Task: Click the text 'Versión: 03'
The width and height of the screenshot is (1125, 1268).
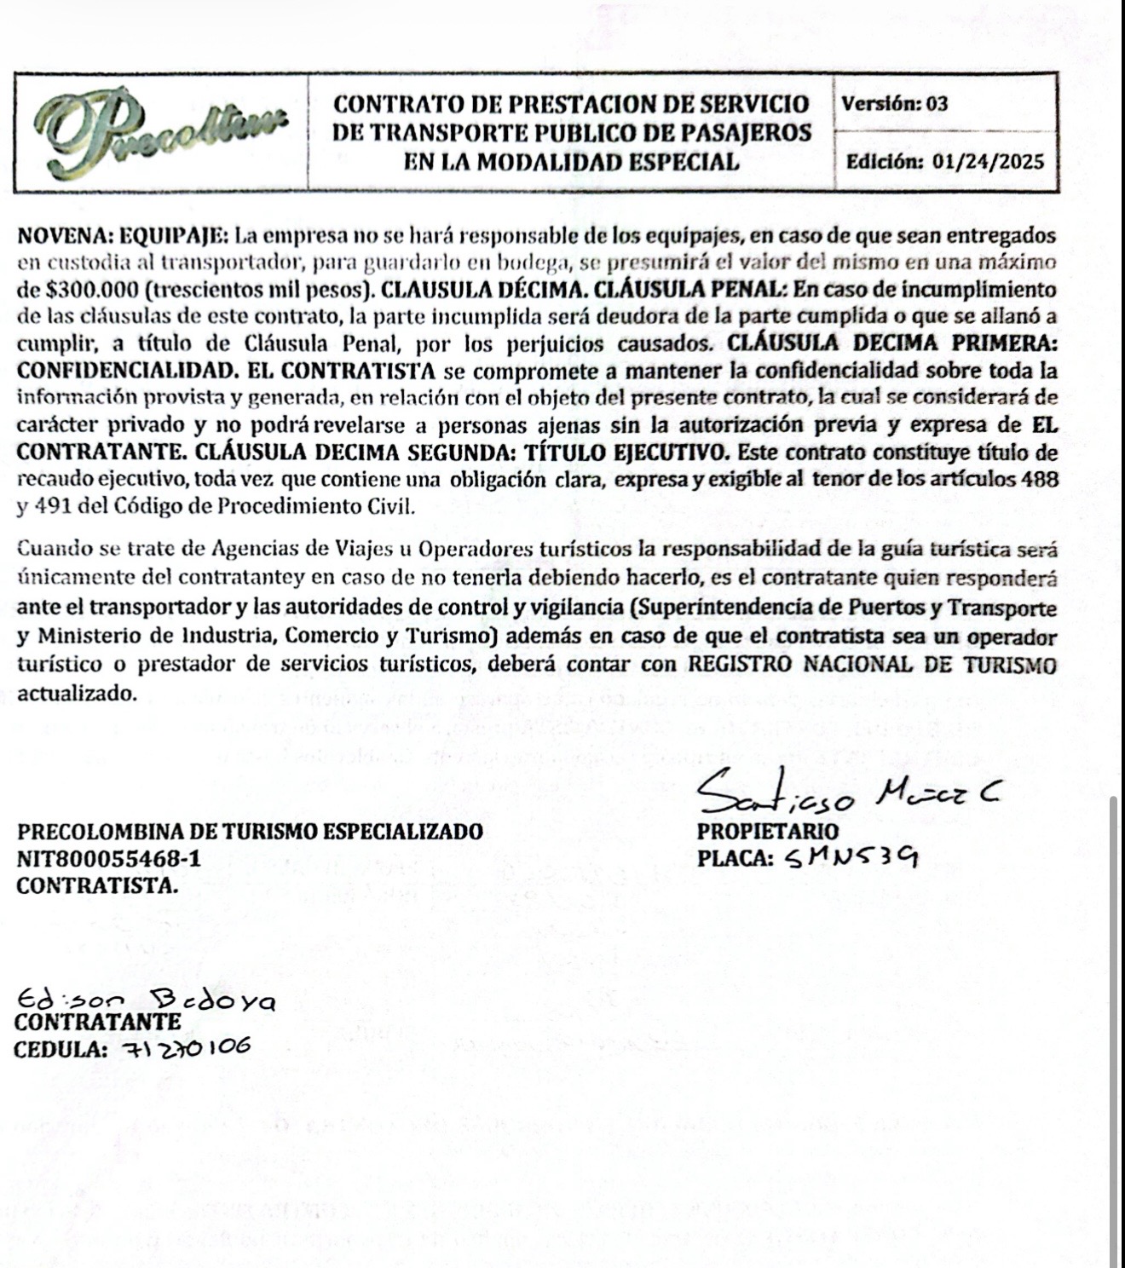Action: click(894, 104)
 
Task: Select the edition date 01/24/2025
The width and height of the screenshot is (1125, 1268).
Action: click(989, 161)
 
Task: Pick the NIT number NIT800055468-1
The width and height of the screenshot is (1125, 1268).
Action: click(110, 858)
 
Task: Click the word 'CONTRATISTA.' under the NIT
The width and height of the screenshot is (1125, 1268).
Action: click(98, 885)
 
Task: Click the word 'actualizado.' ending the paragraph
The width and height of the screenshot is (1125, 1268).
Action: click(77, 693)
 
